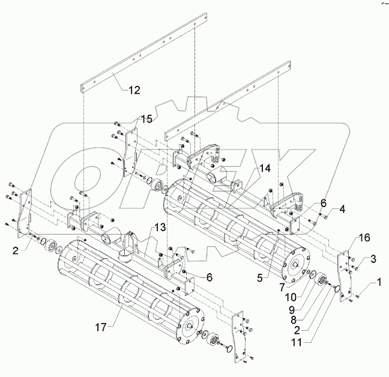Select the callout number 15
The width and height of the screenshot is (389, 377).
(x=146, y=118)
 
